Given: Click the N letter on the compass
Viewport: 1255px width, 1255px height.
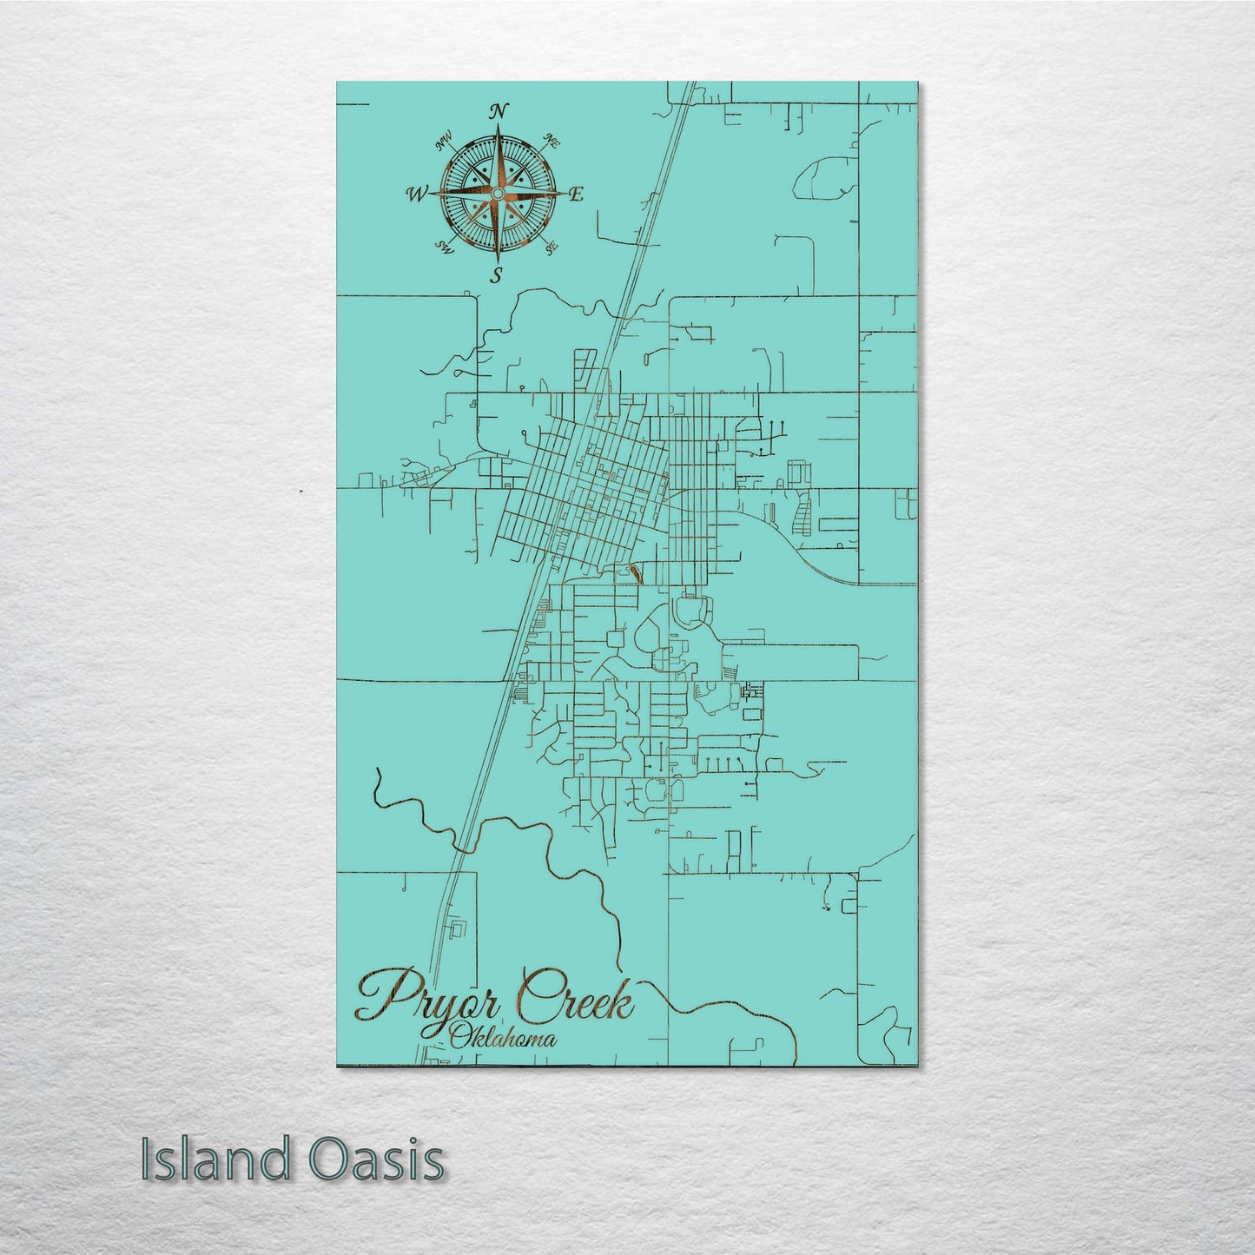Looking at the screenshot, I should tap(498, 111).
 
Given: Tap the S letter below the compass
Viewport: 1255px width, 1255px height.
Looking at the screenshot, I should tap(497, 276).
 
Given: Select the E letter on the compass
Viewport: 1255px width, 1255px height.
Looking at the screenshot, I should tap(574, 195).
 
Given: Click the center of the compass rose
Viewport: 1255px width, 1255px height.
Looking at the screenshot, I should tap(498, 192).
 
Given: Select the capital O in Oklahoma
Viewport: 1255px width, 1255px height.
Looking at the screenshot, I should tap(458, 1036).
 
